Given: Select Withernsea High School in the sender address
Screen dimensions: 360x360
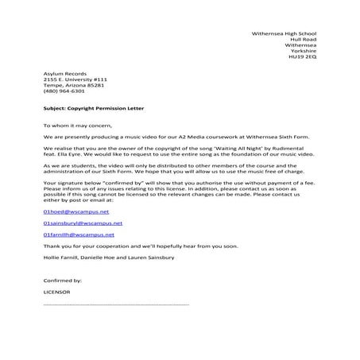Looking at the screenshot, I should coord(284,33).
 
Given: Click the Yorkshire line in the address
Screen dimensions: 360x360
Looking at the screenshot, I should coord(304,52).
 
